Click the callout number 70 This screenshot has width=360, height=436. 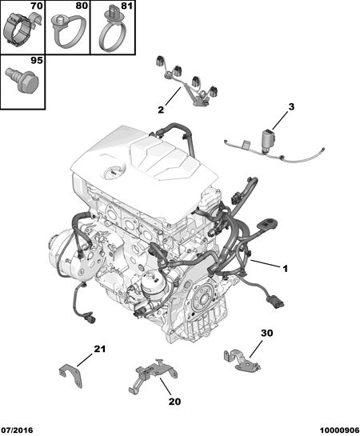[x=37, y=6]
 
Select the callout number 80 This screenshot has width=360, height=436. [x=82, y=6]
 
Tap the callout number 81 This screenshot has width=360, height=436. [x=126, y=6]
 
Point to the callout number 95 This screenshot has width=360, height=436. [x=37, y=60]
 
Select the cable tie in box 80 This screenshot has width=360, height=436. [x=68, y=30]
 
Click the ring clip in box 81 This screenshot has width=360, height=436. [x=114, y=30]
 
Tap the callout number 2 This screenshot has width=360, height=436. [x=161, y=110]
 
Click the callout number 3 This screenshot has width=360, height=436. [x=291, y=106]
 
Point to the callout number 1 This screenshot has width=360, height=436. [x=285, y=269]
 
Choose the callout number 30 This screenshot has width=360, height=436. [x=267, y=333]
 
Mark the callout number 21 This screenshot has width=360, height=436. [x=100, y=349]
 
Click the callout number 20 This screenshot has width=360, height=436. [x=174, y=402]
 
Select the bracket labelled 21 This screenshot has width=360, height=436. [x=71, y=375]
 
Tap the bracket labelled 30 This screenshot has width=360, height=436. [x=242, y=359]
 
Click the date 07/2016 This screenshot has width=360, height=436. [x=17, y=430]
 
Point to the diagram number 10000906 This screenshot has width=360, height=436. [x=339, y=430]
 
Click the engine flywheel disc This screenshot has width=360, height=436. [x=204, y=300]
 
